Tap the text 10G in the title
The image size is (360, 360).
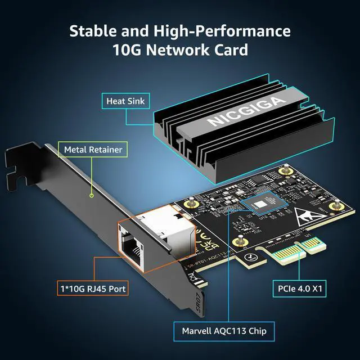[128, 50]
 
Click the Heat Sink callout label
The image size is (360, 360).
[125, 102]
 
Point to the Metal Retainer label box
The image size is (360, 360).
[93, 150]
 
